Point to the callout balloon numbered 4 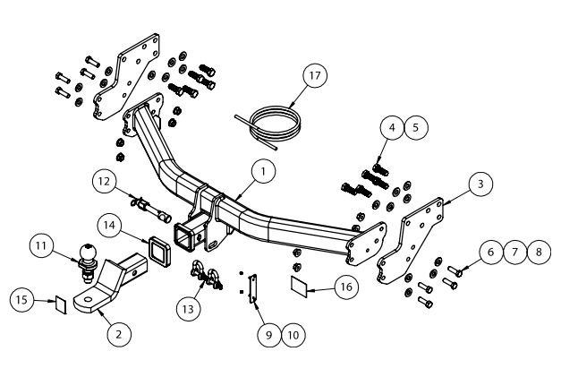click(392, 127)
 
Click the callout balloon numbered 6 click(491, 253)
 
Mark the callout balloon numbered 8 click(538, 253)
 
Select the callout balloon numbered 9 click(268, 334)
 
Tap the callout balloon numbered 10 click(292, 334)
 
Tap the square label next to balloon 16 click(302, 287)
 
